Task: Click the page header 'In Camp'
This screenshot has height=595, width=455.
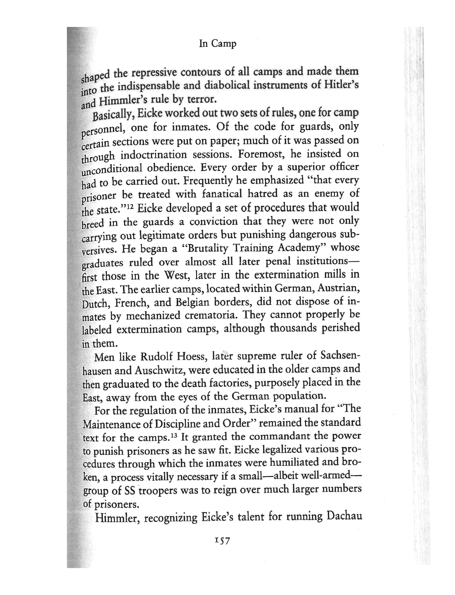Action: click(x=218, y=44)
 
